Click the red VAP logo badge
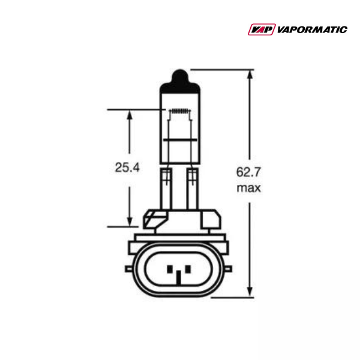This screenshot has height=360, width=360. (261, 29)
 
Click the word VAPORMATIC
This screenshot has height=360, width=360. (312, 29)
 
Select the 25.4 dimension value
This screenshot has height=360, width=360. (127, 168)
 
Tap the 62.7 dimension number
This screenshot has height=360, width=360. (248, 172)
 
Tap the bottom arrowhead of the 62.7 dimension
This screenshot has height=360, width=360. (248, 292)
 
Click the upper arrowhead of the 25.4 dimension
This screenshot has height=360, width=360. (128, 114)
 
